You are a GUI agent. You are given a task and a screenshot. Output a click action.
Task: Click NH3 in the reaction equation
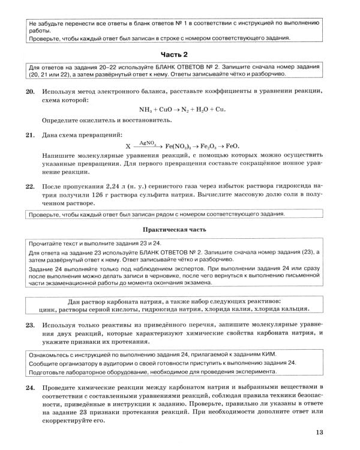pyautogui.click(x=128, y=110)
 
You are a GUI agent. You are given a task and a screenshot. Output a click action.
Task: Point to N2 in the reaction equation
pyautogui.click(x=178, y=110)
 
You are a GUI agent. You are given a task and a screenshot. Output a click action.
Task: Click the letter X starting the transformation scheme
pyautogui.click(x=127, y=146)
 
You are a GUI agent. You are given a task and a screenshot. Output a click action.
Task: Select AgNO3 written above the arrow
pyautogui.click(x=147, y=143)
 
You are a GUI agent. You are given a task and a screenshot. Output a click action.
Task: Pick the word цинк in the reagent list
pyautogui.click(x=64, y=309)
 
